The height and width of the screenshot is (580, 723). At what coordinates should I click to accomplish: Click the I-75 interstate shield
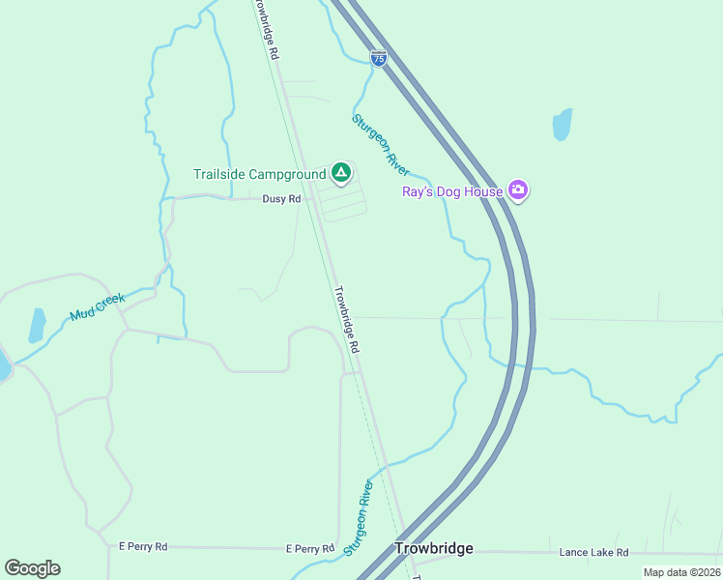tap(378, 58)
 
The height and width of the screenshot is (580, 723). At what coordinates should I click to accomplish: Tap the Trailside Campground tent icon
tap(340, 173)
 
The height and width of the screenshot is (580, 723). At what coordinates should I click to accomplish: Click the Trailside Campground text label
tap(259, 175)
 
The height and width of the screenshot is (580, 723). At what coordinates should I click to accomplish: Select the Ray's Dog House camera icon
tap(518, 190)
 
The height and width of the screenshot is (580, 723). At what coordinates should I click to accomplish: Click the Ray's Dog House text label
tap(452, 191)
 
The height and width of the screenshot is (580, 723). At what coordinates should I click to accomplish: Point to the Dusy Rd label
tap(281, 198)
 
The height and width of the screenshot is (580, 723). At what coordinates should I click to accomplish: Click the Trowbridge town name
tap(434, 548)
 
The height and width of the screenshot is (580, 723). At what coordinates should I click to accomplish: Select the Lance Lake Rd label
tap(593, 552)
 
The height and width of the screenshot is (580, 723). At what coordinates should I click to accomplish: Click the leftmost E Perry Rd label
tap(142, 547)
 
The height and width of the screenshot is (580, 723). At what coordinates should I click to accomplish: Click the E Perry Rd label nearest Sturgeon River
tap(309, 548)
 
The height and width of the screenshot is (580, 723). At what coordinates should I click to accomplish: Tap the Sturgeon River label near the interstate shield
tap(380, 143)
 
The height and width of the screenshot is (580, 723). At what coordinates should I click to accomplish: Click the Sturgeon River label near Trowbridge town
tap(358, 517)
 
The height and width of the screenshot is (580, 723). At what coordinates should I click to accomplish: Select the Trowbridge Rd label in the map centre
tap(346, 318)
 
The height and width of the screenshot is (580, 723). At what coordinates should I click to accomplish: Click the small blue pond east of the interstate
tap(562, 124)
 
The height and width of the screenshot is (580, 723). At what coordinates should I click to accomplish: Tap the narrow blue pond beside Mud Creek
tap(37, 325)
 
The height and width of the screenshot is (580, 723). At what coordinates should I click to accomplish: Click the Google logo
tap(32, 568)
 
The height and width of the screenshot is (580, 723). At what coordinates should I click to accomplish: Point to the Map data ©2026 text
tap(681, 572)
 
